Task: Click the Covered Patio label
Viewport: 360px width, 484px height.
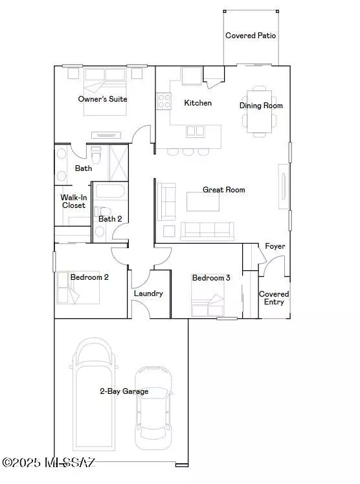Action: (x=251, y=36)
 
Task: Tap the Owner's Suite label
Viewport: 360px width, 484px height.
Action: (x=102, y=99)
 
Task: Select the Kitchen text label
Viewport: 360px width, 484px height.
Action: (x=197, y=103)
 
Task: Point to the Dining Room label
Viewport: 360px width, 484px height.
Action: (x=261, y=106)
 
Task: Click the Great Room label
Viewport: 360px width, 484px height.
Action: (x=223, y=190)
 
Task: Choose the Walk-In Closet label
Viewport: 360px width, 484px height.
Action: (x=73, y=202)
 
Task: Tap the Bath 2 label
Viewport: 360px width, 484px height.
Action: (x=110, y=219)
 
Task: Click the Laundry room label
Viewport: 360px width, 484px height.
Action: (x=148, y=294)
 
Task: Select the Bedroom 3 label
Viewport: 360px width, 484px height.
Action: (x=211, y=278)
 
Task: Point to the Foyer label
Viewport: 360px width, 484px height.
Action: (x=275, y=246)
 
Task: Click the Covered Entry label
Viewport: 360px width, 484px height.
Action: (x=274, y=298)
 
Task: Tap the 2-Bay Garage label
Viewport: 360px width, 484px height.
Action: (x=124, y=391)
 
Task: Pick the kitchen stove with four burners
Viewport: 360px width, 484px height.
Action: (x=163, y=101)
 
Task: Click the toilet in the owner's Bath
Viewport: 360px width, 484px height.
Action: (x=96, y=156)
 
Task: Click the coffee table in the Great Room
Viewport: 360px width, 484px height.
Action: (x=203, y=202)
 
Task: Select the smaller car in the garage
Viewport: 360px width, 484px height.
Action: (x=153, y=408)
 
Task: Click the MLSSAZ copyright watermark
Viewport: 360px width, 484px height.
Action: (x=49, y=463)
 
